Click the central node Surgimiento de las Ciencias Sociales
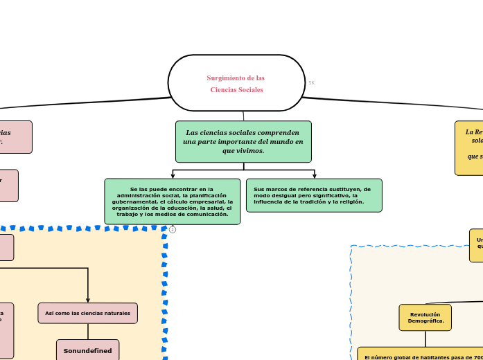236,83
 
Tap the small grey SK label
311,83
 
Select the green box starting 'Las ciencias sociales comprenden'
243,141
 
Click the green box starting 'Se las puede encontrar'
172,201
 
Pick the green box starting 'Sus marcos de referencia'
314,195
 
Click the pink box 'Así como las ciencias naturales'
87,313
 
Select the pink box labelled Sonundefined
87,350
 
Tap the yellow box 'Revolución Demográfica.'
425,317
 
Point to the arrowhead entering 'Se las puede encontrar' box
173,176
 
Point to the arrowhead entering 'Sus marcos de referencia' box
315,176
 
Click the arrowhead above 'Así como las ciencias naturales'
88,300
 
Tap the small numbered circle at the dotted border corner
173,229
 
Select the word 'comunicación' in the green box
205,214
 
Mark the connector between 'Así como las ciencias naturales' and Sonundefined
87,331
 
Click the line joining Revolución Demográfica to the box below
425,339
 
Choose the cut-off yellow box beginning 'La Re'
469,147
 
